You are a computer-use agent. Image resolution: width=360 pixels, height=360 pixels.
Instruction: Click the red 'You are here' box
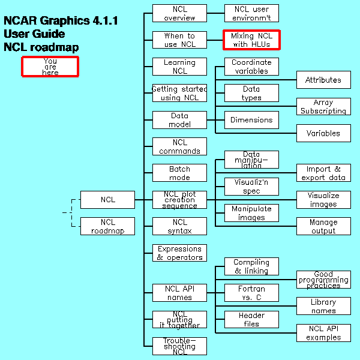50,66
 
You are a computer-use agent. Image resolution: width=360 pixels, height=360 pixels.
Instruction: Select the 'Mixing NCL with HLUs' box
251,40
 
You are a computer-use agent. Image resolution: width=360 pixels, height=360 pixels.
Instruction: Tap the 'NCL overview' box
179,13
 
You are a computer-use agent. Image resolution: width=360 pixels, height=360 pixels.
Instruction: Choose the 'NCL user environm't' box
251,13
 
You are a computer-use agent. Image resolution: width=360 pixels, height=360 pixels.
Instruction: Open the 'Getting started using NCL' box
179,93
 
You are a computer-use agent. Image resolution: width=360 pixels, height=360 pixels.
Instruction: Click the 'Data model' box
179,120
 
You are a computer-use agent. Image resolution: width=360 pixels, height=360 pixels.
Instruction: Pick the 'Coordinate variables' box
251,67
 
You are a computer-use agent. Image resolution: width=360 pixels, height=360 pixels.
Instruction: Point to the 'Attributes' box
323,80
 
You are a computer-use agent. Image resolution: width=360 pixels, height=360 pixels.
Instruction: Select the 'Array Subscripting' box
323,107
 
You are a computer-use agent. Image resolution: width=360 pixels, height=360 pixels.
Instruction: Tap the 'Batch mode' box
179,173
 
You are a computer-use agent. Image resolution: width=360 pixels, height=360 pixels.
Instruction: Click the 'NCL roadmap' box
107,226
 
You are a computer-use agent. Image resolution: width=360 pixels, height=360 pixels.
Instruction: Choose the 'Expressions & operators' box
179,253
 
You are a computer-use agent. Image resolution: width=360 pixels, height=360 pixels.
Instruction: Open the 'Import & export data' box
323,173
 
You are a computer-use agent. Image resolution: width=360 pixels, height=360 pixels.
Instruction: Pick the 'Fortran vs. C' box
251,293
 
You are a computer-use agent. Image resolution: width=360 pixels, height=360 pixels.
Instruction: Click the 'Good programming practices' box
323,280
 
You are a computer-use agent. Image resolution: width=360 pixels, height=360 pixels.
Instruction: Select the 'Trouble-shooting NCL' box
179,346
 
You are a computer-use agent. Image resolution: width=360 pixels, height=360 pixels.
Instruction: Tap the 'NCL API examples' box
323,332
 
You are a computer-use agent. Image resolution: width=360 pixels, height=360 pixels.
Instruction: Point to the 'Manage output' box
323,226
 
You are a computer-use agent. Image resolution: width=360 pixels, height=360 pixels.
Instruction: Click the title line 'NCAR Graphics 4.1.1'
61,21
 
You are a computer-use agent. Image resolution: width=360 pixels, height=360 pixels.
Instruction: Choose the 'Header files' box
251,319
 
